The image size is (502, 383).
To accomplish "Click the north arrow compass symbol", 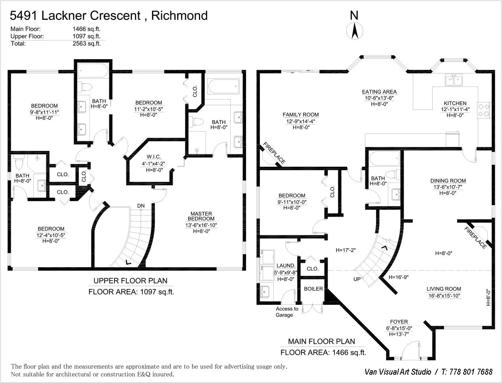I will [354, 31].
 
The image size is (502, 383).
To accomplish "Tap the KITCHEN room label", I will [455, 103].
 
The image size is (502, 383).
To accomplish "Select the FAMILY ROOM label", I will [300, 115].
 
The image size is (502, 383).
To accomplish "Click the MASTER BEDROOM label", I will [201, 216].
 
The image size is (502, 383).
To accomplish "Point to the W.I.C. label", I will [153, 157].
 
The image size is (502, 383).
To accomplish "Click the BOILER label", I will [313, 289].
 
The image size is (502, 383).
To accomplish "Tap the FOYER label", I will [399, 322].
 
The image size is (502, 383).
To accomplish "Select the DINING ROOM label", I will [448, 181].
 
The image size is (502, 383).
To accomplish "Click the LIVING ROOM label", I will [443, 289].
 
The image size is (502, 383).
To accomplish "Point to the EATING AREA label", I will [379, 92].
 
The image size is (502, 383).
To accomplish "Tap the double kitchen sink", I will [454, 80].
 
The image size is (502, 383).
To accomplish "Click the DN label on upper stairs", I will [141, 206].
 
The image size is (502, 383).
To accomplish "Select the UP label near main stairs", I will [357, 279].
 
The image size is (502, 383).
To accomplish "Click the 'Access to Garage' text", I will [286, 312].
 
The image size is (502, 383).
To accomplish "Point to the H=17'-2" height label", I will [345, 250].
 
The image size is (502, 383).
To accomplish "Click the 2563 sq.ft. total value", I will [86, 44].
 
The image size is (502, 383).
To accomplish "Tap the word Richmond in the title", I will [179, 15].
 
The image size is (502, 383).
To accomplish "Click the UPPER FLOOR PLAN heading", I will [130, 281].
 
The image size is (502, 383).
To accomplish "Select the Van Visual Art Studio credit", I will [398, 371].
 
